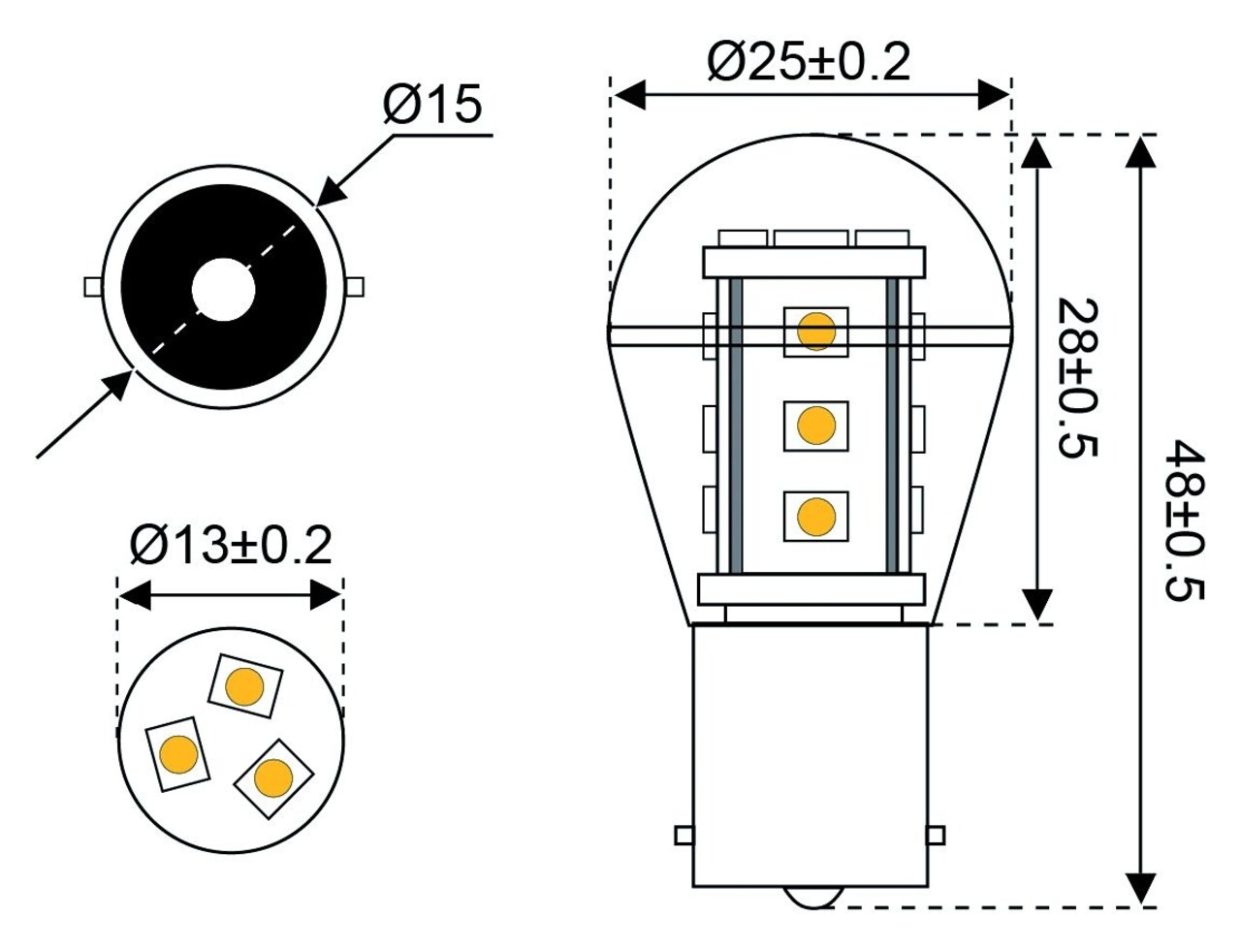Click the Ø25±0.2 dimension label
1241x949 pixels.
[x=809, y=63]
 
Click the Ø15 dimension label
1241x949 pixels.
[x=432, y=105]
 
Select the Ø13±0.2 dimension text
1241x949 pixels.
[x=231, y=546]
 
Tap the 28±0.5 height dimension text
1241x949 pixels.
[x=1077, y=378]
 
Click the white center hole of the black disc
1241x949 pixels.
[x=223, y=289]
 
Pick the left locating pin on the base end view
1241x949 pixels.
[x=93, y=287]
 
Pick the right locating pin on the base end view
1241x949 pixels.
[x=356, y=287]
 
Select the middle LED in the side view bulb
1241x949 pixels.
[x=815, y=425]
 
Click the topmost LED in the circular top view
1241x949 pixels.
[x=244, y=686]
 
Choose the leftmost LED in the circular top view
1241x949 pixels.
[x=178, y=754]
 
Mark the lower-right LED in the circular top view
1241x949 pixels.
[x=273, y=776]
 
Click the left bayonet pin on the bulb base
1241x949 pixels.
[x=684, y=836]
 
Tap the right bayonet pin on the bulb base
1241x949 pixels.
[x=936, y=836]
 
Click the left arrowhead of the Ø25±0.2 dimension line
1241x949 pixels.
[x=630, y=95]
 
